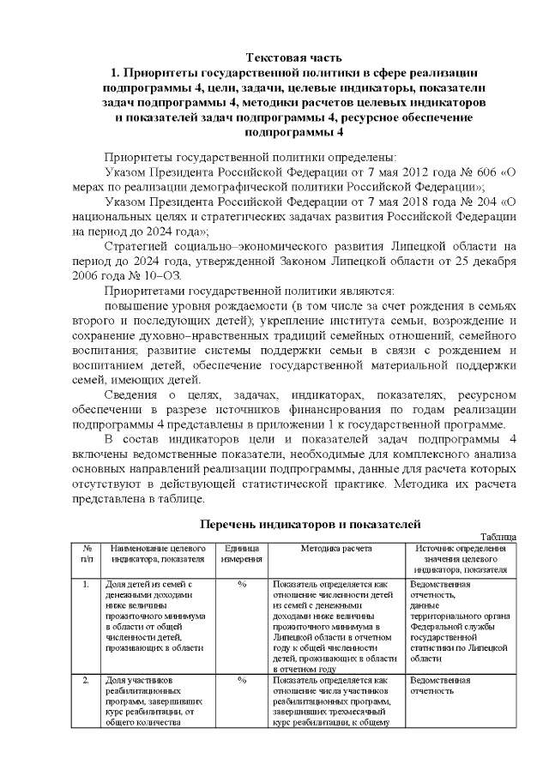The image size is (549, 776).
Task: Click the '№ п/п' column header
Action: tap(87, 553)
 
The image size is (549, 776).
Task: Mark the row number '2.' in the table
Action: tap(87, 680)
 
